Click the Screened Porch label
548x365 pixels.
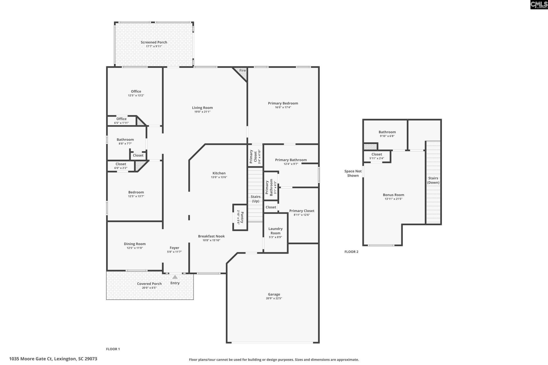coord(154,42)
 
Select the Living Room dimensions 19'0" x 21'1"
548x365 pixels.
coord(202,112)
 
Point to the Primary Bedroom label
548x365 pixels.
coord(283,103)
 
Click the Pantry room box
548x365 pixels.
coord(240,217)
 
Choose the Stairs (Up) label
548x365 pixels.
coord(255,199)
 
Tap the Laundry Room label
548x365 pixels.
coord(275,231)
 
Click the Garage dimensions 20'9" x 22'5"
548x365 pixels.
coord(274,298)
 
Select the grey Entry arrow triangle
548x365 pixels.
coord(175,277)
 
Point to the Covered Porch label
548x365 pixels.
coord(149,283)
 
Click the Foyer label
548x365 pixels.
coord(174,248)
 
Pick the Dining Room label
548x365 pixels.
coord(135,244)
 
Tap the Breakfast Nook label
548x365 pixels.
coord(211,236)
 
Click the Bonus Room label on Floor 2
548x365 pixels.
coord(393,195)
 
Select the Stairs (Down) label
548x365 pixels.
coord(433,180)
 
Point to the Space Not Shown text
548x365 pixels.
coord(353,173)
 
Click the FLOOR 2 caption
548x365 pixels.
coord(351,252)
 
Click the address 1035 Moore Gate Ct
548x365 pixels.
coord(53,359)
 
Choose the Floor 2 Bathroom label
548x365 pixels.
coord(387,132)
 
